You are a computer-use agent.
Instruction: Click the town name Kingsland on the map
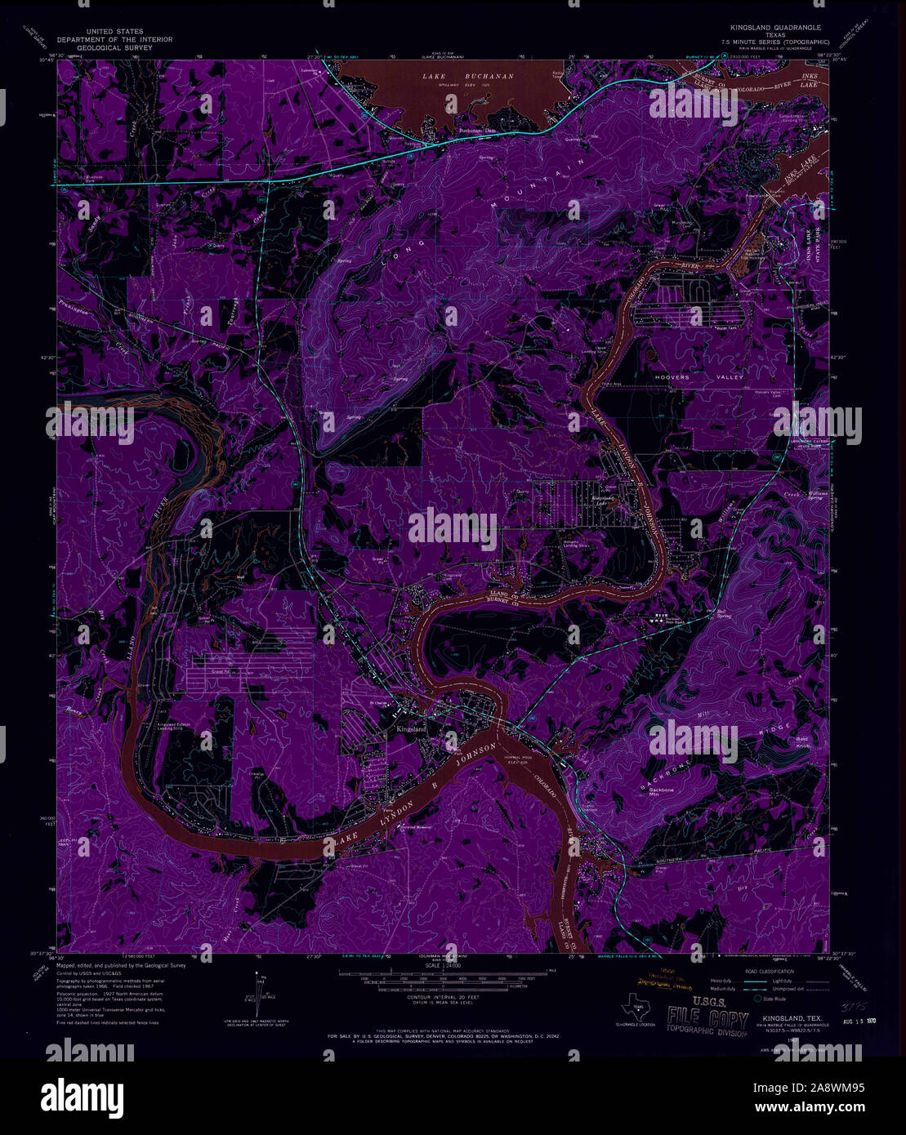coord(411,728)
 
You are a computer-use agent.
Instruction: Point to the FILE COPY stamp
coord(706,1020)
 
